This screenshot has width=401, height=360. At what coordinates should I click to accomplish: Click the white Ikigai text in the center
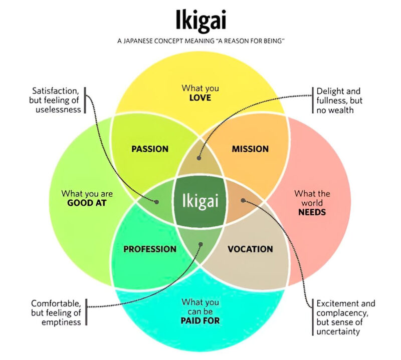point(200,202)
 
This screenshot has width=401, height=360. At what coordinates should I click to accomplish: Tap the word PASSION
point(149,149)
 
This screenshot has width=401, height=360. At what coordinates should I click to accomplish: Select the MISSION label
point(250,149)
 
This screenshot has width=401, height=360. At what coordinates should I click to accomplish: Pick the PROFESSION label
point(149,249)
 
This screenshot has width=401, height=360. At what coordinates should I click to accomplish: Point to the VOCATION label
point(250,249)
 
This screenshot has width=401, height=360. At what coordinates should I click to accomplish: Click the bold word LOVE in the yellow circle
point(200,98)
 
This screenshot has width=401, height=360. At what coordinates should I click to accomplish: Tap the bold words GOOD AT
point(87,203)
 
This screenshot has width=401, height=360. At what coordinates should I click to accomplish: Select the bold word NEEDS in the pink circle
point(312,212)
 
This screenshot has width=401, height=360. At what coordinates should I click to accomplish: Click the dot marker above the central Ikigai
point(199,158)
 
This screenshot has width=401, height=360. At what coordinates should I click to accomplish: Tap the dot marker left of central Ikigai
point(157,202)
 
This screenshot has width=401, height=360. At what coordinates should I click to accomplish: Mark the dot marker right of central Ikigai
point(243,200)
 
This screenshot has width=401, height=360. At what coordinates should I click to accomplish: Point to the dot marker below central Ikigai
point(200,245)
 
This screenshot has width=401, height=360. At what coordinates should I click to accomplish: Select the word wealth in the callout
point(341,110)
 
